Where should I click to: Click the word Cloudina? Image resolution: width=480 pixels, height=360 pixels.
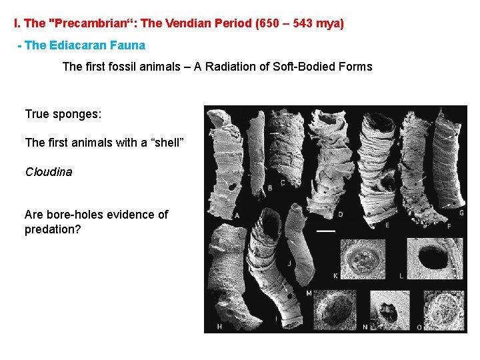pos(49,172)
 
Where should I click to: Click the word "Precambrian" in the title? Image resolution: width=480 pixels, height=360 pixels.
pos(86,24)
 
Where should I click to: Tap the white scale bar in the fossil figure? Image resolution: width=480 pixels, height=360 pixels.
pos(325,231)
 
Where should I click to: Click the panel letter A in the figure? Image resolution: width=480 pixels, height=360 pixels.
pos(237,215)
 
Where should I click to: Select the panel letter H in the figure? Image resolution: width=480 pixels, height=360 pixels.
pos(219,326)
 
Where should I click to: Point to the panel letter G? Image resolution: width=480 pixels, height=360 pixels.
pos(461,213)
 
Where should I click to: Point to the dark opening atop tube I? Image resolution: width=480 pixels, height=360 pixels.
pos(266,234)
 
